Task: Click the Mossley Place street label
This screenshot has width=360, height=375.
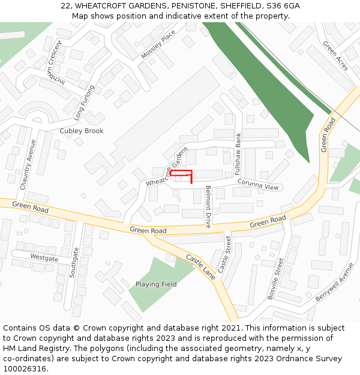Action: tap(158, 44)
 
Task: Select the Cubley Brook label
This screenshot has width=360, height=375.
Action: tap(82, 131)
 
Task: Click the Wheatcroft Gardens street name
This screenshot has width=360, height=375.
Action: tap(163, 166)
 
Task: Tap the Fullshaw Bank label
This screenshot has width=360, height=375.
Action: tap(238, 148)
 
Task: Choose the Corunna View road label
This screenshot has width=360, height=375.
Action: tap(258, 184)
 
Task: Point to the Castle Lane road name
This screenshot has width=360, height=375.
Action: tap(200, 266)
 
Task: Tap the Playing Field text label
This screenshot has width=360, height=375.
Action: tap(156, 284)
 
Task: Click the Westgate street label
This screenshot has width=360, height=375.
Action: tap(44, 258)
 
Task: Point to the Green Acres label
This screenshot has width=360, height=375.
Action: tap(335, 56)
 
